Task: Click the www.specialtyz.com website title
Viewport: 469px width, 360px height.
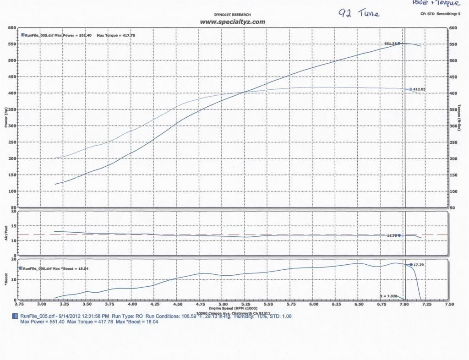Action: click(x=232, y=22)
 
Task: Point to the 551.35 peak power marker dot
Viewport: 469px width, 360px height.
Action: click(x=399, y=44)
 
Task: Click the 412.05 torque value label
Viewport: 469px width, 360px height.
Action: click(x=420, y=89)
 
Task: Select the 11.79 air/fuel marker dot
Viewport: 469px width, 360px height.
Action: click(x=399, y=235)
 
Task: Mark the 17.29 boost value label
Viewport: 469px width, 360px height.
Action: click(x=420, y=265)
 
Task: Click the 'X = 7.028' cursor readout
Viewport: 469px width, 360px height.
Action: click(x=388, y=296)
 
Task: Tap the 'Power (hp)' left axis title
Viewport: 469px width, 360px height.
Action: click(x=6, y=119)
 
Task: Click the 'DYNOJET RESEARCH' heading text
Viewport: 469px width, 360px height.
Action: click(x=233, y=15)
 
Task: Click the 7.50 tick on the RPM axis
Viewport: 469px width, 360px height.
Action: click(x=450, y=304)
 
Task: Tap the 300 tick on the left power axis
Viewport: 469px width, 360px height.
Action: click(x=12, y=126)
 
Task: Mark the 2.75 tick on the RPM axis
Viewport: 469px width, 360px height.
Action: click(x=19, y=304)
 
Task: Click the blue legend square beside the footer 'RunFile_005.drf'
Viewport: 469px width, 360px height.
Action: click(x=16, y=316)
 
